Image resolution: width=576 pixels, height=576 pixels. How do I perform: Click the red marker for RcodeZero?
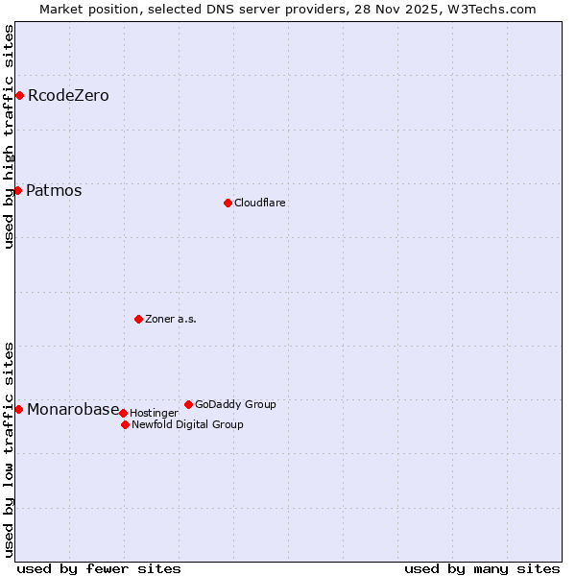[19, 95]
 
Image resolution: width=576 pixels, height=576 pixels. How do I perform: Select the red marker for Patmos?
[17, 190]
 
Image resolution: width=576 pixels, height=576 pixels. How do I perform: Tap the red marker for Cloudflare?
[228, 203]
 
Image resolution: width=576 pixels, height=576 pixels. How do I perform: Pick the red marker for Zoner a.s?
[138, 319]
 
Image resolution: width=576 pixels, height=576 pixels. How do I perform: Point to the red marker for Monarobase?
[18, 409]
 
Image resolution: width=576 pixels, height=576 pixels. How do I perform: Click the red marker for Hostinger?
[123, 413]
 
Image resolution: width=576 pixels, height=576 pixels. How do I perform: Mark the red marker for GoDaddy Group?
[188, 404]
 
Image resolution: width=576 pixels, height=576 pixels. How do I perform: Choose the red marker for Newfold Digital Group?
[125, 424]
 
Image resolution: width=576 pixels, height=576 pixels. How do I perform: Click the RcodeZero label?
[68, 95]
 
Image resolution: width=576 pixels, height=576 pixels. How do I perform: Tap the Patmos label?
[54, 190]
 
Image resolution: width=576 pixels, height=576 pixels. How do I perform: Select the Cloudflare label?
[260, 203]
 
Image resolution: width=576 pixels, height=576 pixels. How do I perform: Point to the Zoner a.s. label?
[171, 319]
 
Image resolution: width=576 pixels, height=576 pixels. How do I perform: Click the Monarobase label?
[73, 409]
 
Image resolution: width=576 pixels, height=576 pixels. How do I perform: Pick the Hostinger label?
[154, 413]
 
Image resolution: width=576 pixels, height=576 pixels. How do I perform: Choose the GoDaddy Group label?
[235, 404]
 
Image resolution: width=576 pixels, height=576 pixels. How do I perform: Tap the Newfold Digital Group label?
[187, 424]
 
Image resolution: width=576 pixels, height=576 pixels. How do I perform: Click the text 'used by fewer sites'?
[99, 568]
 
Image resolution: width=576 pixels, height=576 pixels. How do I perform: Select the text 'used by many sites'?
[482, 568]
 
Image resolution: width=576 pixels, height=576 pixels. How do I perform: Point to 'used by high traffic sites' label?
[10, 136]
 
